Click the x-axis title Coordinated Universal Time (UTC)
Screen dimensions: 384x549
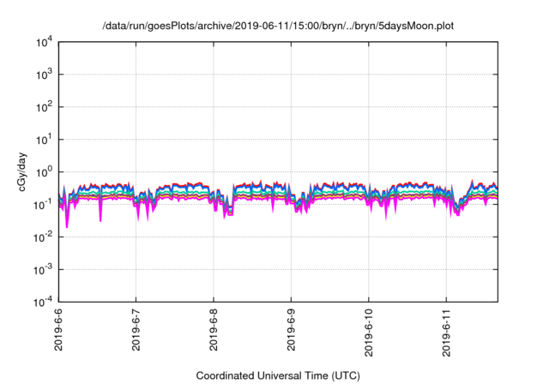pyautogui.click(x=278, y=375)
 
